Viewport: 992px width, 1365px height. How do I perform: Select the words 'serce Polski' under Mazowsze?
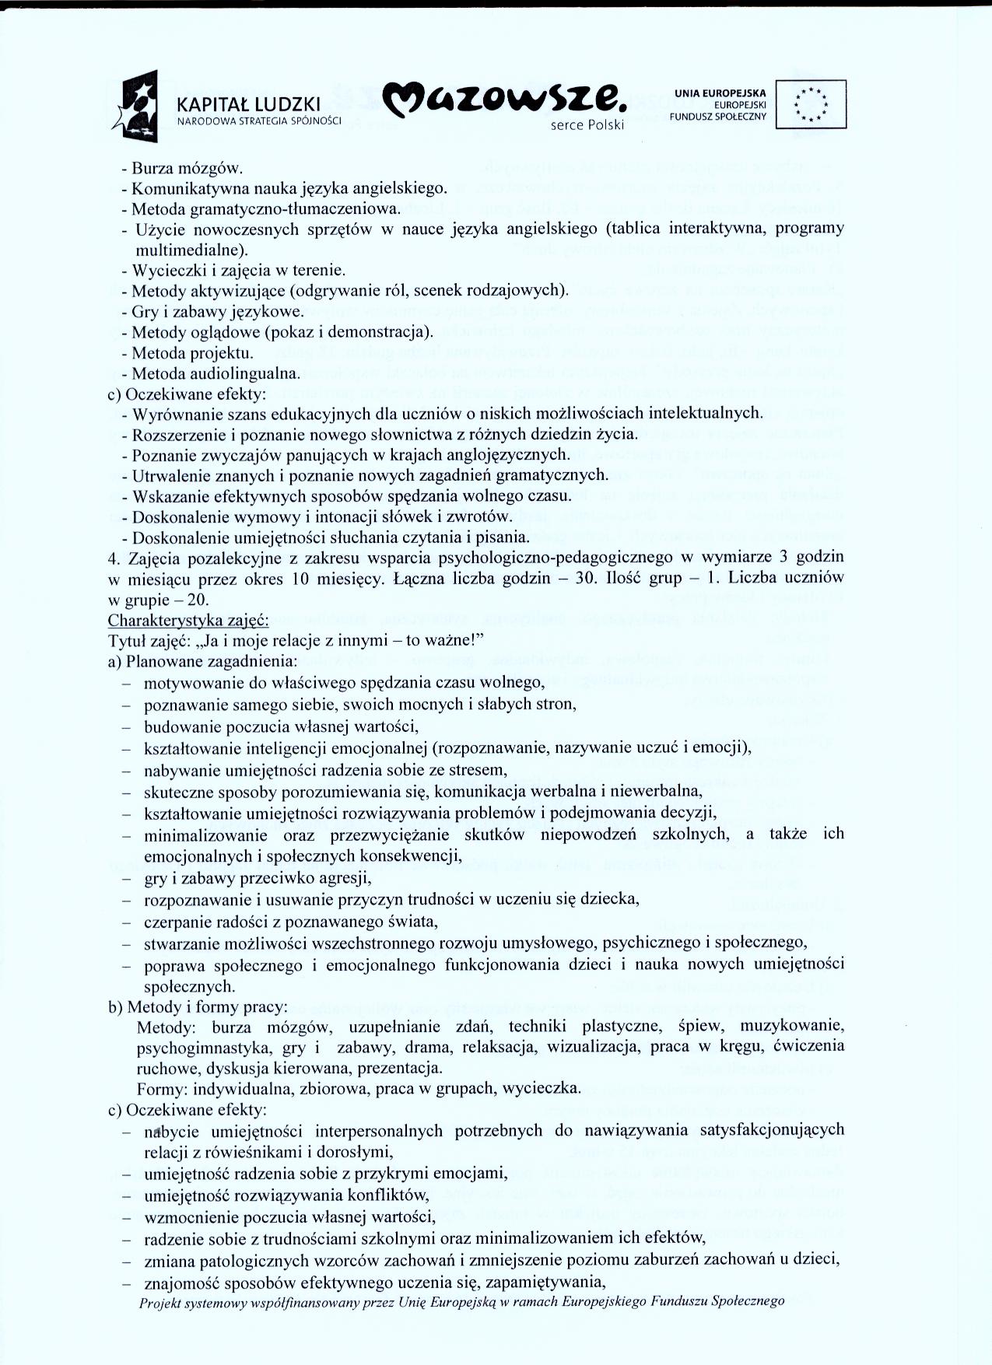coord(587,125)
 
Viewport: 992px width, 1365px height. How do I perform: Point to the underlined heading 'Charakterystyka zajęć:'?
coord(188,621)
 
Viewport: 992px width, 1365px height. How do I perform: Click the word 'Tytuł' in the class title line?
coord(125,641)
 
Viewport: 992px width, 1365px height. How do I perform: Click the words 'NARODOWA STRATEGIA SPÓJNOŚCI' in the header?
coord(260,121)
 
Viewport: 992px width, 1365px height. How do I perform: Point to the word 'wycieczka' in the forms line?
coord(542,1088)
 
